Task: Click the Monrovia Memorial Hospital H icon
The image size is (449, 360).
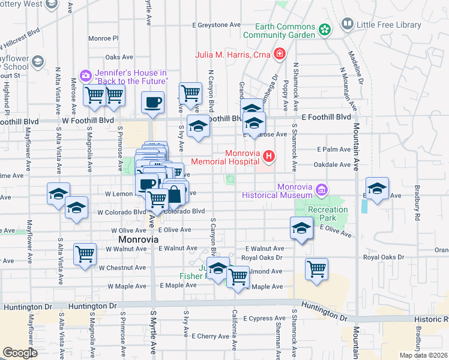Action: [x=268, y=158]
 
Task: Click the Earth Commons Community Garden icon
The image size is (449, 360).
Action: [x=325, y=29]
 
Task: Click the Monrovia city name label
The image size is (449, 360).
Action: [x=136, y=239]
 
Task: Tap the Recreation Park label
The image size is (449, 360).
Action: [x=328, y=214]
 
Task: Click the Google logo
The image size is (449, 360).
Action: [x=20, y=352]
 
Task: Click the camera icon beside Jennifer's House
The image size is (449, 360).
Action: [x=86, y=75]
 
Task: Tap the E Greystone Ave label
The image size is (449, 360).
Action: [x=216, y=25]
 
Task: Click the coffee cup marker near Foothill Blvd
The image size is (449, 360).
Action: [x=152, y=101]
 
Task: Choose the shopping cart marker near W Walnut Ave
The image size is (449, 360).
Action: [x=85, y=253]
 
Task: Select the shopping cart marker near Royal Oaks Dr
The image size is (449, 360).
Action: [x=316, y=268]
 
